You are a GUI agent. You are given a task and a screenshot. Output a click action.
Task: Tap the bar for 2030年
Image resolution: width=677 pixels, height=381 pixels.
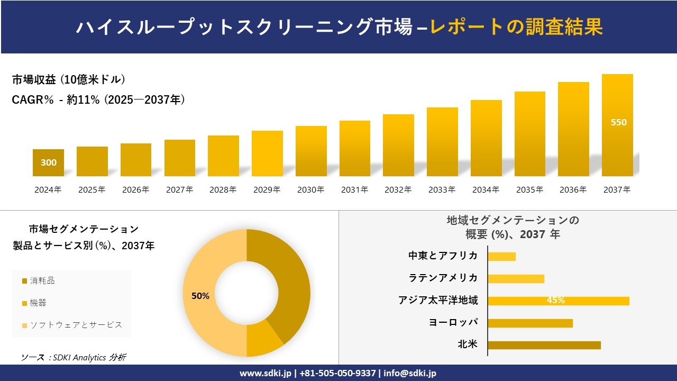point(311,151)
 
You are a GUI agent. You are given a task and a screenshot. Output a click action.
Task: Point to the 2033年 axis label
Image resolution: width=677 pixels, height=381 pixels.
point(442,190)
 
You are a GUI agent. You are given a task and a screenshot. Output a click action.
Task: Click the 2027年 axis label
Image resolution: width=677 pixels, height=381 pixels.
point(179,190)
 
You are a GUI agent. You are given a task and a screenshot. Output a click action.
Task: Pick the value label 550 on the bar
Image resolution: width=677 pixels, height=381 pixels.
point(618,122)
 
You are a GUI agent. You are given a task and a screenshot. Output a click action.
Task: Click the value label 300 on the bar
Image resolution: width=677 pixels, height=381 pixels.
point(49,163)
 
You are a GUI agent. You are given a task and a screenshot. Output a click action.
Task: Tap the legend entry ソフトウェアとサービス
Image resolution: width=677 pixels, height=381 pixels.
point(72,325)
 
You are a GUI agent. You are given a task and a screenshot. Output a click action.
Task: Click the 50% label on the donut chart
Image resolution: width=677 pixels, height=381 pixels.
point(200,296)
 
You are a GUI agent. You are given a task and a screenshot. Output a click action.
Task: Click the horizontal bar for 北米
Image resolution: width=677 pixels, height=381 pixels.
point(544,345)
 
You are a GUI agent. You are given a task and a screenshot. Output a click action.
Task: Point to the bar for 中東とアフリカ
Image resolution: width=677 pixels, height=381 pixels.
point(501,257)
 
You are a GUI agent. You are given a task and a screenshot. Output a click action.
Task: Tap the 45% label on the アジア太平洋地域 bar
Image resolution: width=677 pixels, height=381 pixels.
point(555,301)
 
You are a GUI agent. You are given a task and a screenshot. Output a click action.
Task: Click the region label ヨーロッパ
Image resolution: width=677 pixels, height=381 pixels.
point(453,322)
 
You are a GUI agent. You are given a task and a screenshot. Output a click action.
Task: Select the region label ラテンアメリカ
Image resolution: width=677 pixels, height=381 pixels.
point(443,278)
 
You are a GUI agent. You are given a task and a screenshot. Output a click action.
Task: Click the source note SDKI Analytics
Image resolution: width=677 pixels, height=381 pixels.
point(74,358)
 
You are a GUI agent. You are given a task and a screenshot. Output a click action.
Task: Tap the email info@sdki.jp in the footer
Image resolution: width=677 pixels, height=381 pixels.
point(410,373)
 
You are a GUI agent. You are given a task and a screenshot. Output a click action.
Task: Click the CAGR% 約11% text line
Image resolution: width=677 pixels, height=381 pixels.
point(98,100)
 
